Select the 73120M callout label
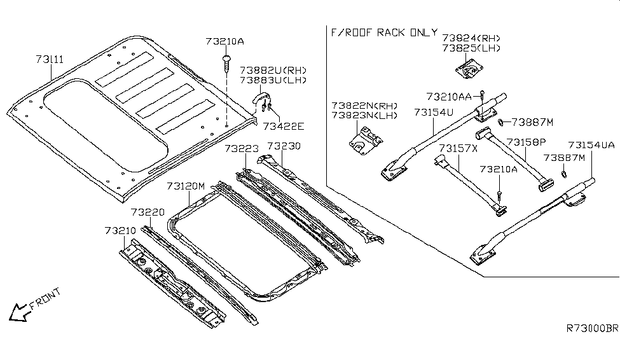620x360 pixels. pos(186,186)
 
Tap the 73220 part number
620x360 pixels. pos(148,212)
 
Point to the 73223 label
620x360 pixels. pos(241,148)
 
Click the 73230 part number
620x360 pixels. pos(284,146)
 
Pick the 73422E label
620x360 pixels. pos(284,126)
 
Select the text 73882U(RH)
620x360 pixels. pos(273,69)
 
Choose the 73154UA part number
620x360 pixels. pos(591,145)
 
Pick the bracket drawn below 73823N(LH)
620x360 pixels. pos(364,139)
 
